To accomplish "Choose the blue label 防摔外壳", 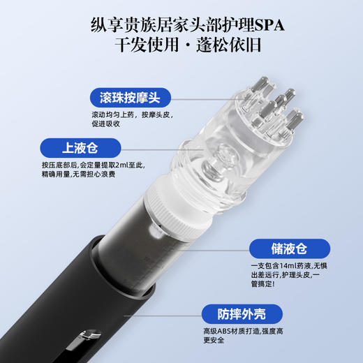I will pos(238,313).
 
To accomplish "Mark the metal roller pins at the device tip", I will pos(272,105).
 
